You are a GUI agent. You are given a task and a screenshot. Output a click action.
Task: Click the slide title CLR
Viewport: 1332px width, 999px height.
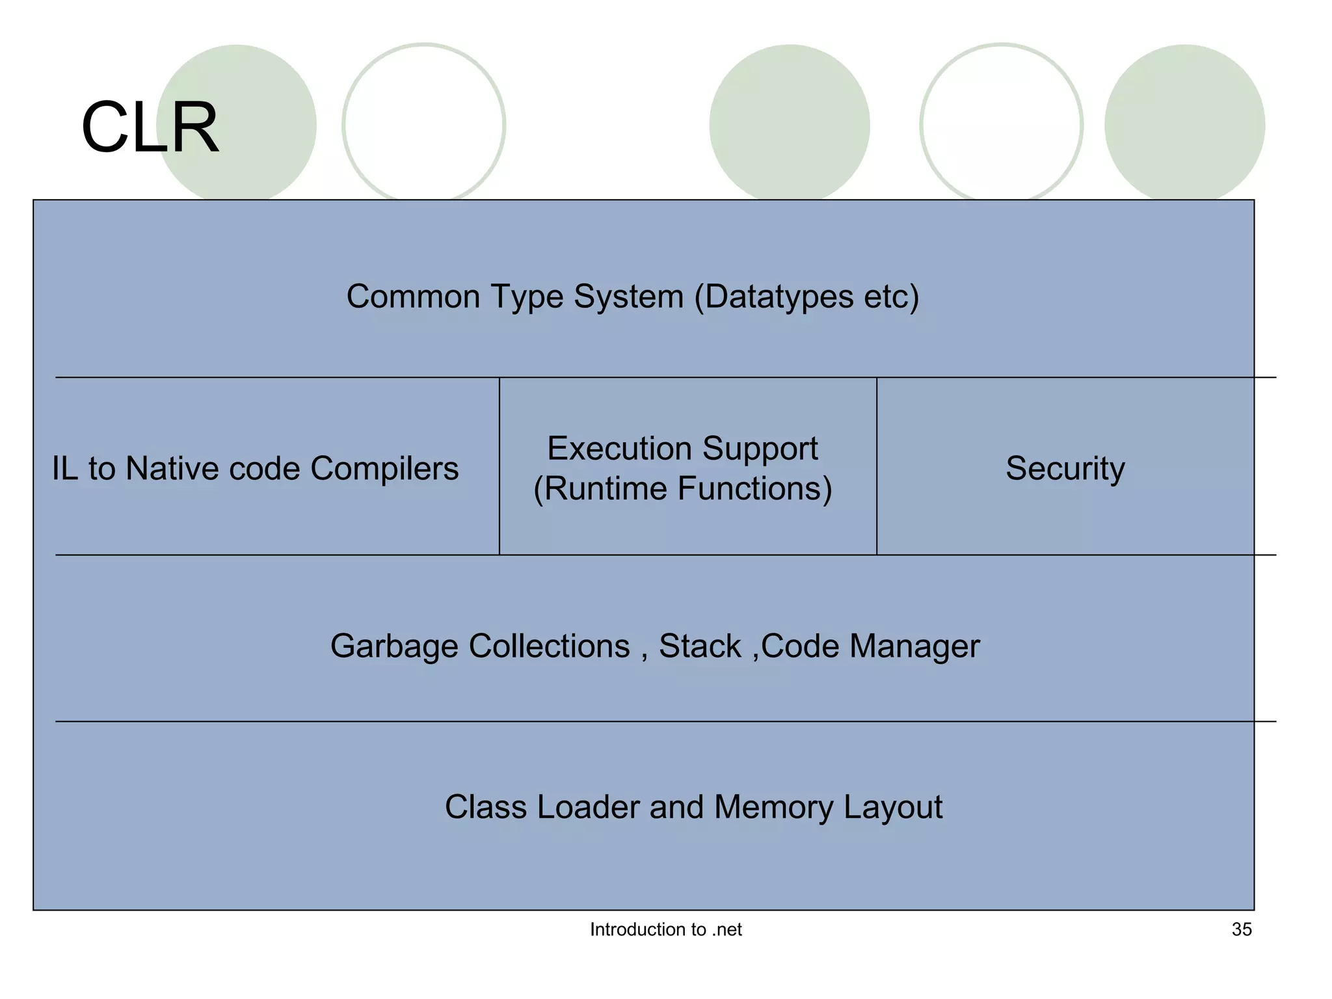pyautogui.click(x=150, y=127)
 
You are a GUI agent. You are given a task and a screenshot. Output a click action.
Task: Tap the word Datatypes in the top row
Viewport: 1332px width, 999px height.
pyautogui.click(x=779, y=297)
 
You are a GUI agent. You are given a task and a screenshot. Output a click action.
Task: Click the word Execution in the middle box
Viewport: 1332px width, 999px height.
pyautogui.click(x=619, y=449)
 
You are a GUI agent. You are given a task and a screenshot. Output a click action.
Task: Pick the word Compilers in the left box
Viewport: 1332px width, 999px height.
pyautogui.click(x=384, y=468)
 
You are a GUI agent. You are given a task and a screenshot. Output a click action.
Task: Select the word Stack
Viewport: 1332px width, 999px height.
pyautogui.click(x=700, y=646)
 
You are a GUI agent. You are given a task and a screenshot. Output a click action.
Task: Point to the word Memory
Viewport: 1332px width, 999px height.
pyautogui.click(x=773, y=807)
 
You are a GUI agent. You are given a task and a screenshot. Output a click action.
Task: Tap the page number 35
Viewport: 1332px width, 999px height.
pyautogui.click(x=1241, y=929)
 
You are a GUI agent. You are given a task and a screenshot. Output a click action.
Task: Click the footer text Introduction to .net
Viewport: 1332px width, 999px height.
pyautogui.click(x=665, y=929)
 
